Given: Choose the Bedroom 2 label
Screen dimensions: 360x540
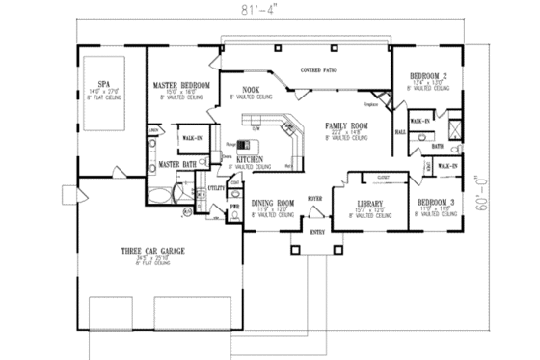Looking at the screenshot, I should pos(427,75).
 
